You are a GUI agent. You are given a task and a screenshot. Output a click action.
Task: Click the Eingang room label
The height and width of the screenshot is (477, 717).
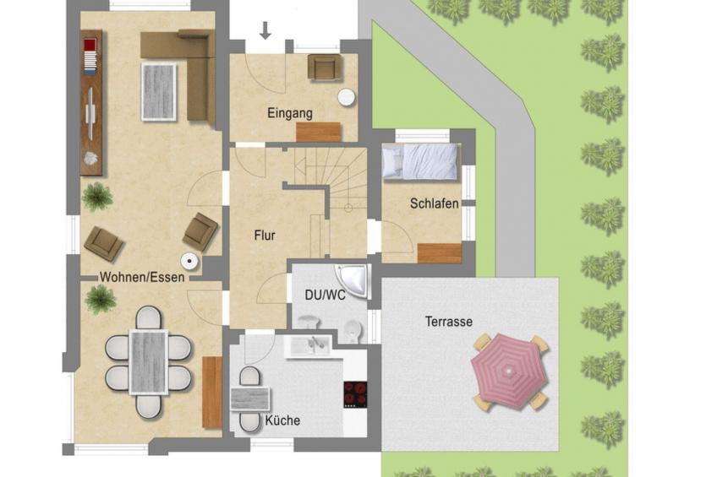290,112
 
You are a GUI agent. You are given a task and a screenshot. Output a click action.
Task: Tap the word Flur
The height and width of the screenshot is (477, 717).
265,236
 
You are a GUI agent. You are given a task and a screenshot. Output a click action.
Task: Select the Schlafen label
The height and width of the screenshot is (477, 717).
434,203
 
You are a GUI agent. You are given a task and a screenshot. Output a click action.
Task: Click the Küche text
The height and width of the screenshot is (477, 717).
282,420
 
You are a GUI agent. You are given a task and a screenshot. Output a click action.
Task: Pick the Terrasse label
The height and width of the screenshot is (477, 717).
448,322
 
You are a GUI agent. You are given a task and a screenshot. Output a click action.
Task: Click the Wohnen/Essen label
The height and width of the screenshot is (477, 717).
142,277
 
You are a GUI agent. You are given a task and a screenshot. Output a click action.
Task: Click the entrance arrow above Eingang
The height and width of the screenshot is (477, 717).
265,31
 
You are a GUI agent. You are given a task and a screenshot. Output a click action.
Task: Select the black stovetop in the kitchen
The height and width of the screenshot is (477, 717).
354,394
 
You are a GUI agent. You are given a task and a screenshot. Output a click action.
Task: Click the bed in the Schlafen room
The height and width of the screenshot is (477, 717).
419,161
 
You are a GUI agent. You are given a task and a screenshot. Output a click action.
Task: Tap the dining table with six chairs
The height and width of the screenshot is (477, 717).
149,361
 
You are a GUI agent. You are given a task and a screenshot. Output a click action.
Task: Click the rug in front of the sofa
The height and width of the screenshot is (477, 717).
159,91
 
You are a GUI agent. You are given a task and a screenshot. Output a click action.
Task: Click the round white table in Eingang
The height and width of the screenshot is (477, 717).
347,97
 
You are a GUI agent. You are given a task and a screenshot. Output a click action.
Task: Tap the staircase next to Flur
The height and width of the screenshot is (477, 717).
334,182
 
